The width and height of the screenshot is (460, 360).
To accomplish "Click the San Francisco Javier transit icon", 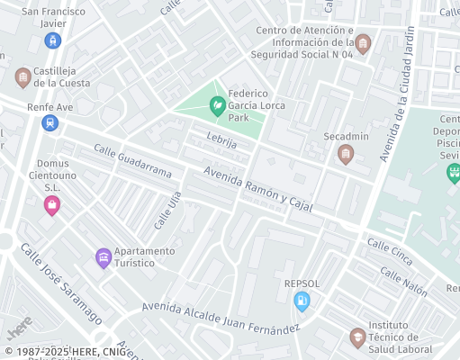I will point(53,40).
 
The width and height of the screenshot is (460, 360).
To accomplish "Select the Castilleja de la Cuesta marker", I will point(23,78).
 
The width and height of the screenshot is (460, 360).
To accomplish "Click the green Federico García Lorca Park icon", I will point(217,106).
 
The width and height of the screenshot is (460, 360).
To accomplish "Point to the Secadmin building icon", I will point(346,154).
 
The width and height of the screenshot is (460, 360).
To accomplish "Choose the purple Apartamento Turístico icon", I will point(104,258).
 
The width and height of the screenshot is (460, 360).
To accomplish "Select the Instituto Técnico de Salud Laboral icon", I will point(357,337).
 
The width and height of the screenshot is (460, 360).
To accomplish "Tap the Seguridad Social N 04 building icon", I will point(363,43).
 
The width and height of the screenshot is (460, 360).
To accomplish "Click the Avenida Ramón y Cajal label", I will point(257,189).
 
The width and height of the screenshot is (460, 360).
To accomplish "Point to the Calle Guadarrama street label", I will point(131,161).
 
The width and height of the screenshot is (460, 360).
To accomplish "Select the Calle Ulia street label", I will point(162,212).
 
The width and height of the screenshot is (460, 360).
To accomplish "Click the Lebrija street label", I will point(221,141).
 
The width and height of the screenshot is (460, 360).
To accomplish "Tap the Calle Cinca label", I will point(389,252).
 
